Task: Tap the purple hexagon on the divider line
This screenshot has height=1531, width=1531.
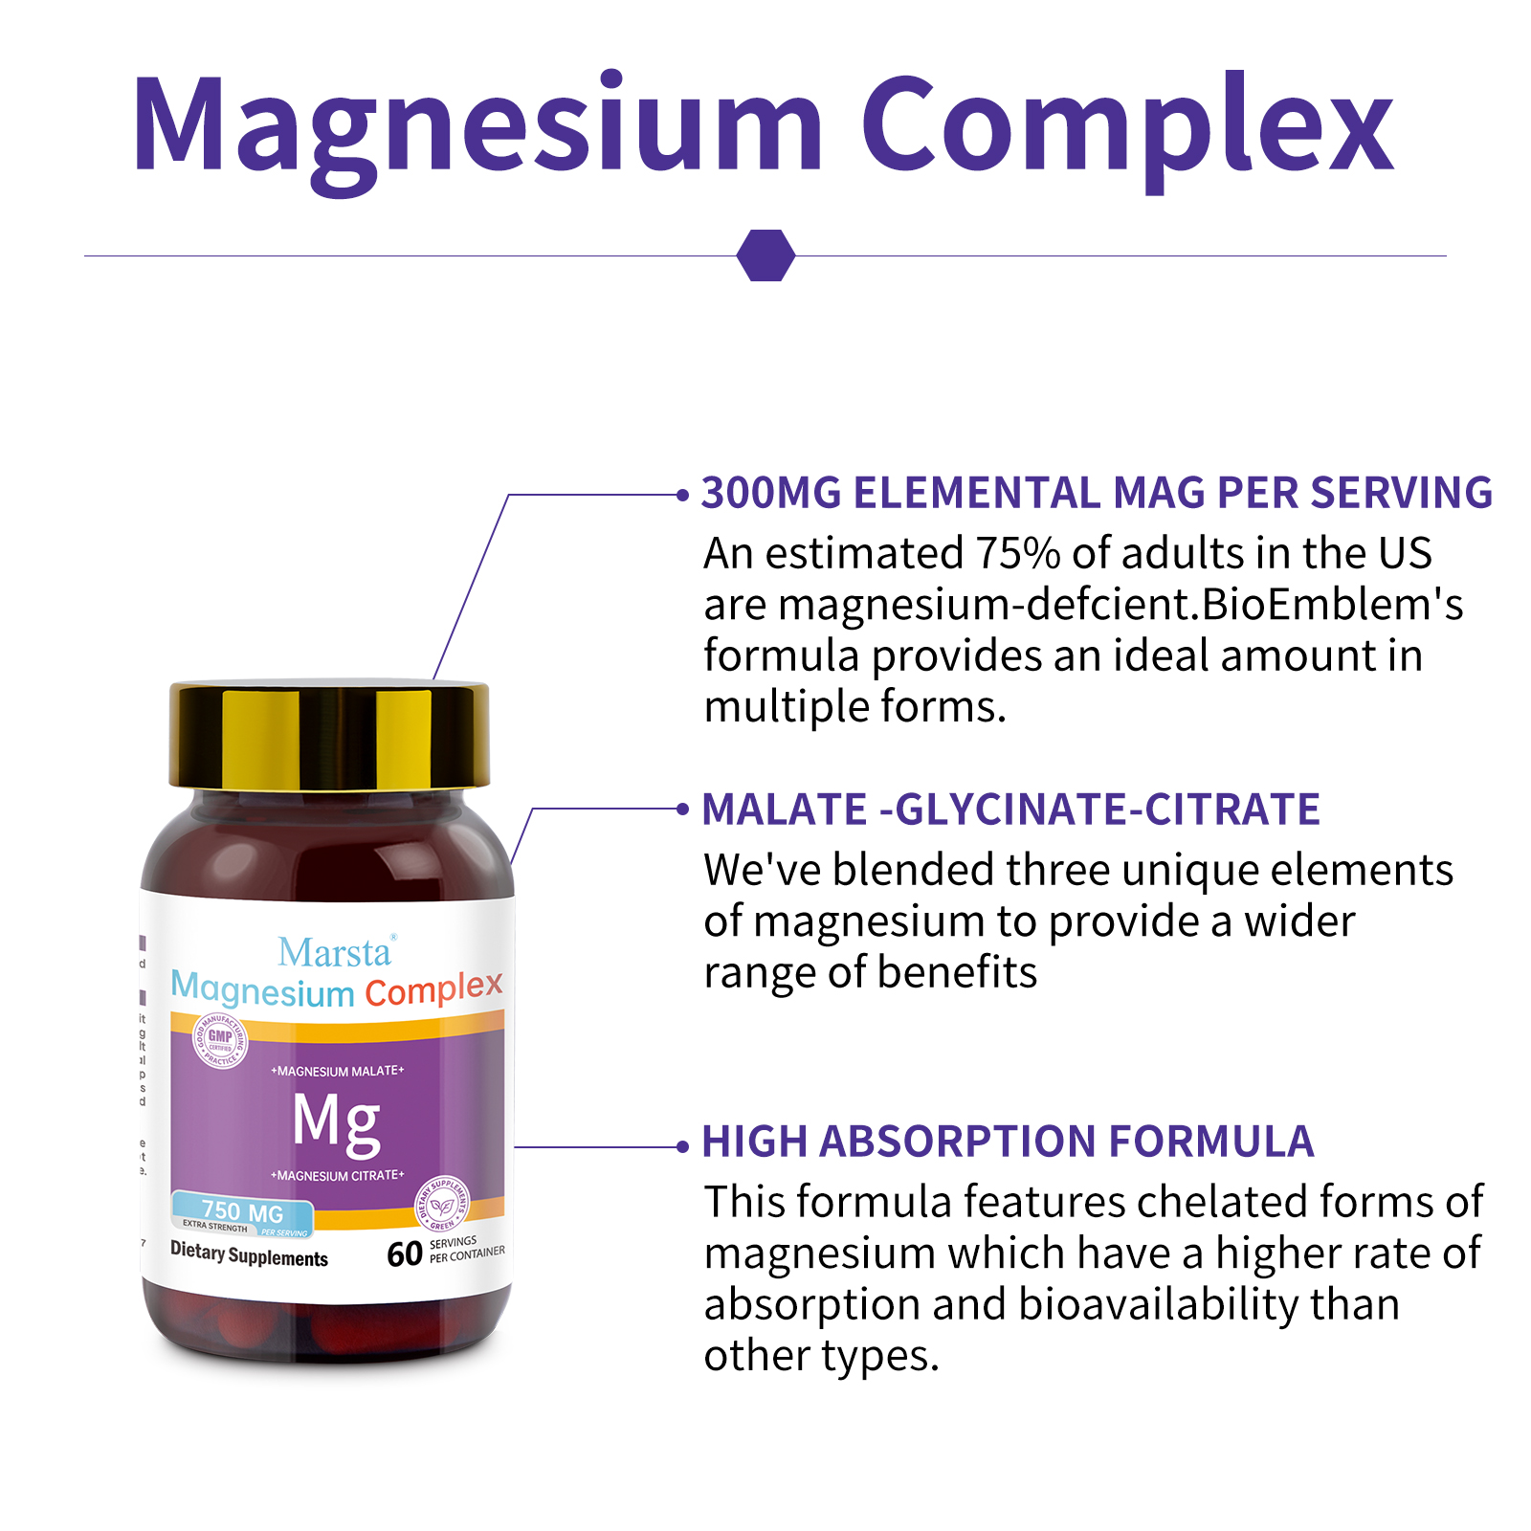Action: click(765, 255)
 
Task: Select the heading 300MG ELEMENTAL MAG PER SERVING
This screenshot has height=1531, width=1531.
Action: click(1097, 493)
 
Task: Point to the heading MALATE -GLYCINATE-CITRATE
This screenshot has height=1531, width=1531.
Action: click(1010, 810)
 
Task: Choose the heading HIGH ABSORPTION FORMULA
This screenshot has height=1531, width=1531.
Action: click(1008, 1142)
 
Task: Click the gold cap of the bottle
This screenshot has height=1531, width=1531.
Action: click(329, 735)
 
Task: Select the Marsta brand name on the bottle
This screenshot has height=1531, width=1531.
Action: click(335, 952)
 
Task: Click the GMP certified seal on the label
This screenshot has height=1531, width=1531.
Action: click(221, 1040)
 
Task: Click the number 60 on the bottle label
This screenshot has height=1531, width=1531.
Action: click(405, 1254)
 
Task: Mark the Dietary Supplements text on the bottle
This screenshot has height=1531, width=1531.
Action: click(249, 1254)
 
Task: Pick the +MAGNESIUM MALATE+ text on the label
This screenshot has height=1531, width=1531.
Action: click(337, 1071)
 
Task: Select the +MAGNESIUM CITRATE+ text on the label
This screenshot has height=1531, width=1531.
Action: click(337, 1175)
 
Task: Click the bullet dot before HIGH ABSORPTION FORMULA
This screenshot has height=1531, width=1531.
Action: click(682, 1146)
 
